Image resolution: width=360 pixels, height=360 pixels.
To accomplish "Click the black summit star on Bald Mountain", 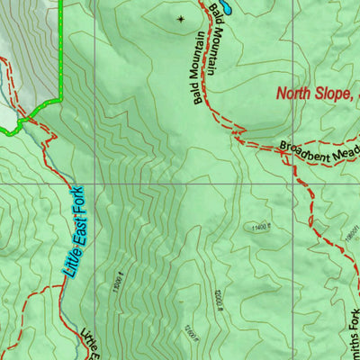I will click(x=180, y=18).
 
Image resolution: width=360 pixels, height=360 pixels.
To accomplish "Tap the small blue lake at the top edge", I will click(x=222, y=6).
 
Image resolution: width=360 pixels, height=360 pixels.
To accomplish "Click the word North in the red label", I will click(x=296, y=93).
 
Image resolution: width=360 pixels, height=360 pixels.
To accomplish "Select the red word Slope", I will click(x=338, y=93).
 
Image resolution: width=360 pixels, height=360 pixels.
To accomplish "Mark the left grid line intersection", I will click(x=94, y=184).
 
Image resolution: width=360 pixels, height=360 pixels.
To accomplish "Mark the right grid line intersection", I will click(x=293, y=184).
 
